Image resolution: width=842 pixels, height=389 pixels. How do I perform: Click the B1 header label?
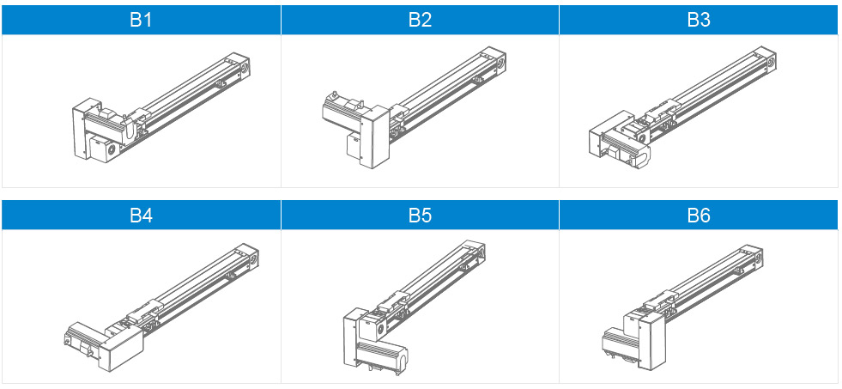coord(141,20)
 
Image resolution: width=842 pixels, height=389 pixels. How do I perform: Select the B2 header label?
coord(420,20)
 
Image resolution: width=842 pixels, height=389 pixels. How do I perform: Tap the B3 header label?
coord(699,20)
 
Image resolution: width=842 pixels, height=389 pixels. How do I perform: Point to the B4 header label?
coord(141,216)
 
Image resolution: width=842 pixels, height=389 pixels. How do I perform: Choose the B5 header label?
coord(420,216)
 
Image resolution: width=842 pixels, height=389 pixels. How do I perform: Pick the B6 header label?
coord(699,216)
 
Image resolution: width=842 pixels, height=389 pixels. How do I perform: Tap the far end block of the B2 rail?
coord(494,59)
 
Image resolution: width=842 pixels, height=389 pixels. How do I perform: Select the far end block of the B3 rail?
coord(765,59)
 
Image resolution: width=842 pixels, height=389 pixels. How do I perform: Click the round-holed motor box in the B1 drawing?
coord(104,148)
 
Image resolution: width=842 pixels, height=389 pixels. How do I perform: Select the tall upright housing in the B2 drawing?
coord(375,137)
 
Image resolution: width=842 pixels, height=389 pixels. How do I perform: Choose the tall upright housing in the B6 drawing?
coord(651,341)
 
